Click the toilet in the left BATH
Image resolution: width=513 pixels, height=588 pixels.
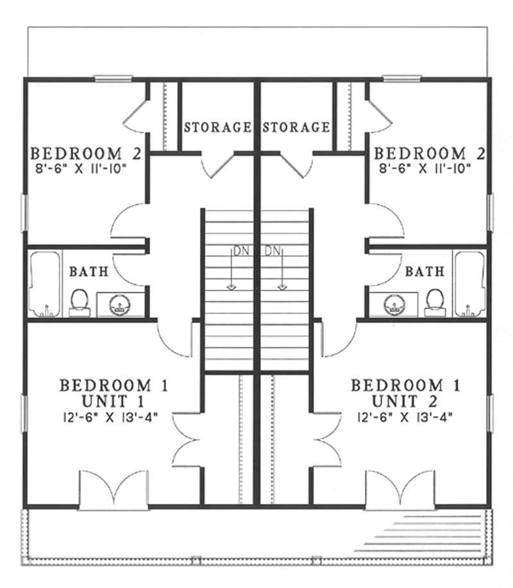point(79,300)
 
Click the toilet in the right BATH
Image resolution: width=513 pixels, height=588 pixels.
point(435,300)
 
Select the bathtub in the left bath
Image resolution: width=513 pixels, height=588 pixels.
point(44,283)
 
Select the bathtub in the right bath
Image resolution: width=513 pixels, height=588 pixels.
point(469,283)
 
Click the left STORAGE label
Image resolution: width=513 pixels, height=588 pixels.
point(217,127)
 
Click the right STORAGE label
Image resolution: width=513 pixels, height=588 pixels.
point(296,127)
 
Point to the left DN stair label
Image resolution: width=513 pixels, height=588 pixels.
point(240,251)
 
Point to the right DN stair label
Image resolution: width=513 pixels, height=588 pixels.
point(272,251)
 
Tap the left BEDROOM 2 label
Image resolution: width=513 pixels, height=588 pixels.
point(87,154)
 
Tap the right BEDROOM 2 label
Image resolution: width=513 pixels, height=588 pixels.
point(429,154)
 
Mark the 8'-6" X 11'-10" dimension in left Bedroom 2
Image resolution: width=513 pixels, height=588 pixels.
point(87,169)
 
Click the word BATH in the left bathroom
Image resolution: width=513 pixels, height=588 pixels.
point(88,271)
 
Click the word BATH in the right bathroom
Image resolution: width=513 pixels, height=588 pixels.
point(425,271)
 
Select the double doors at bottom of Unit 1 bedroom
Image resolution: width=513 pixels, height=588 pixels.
point(114,491)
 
